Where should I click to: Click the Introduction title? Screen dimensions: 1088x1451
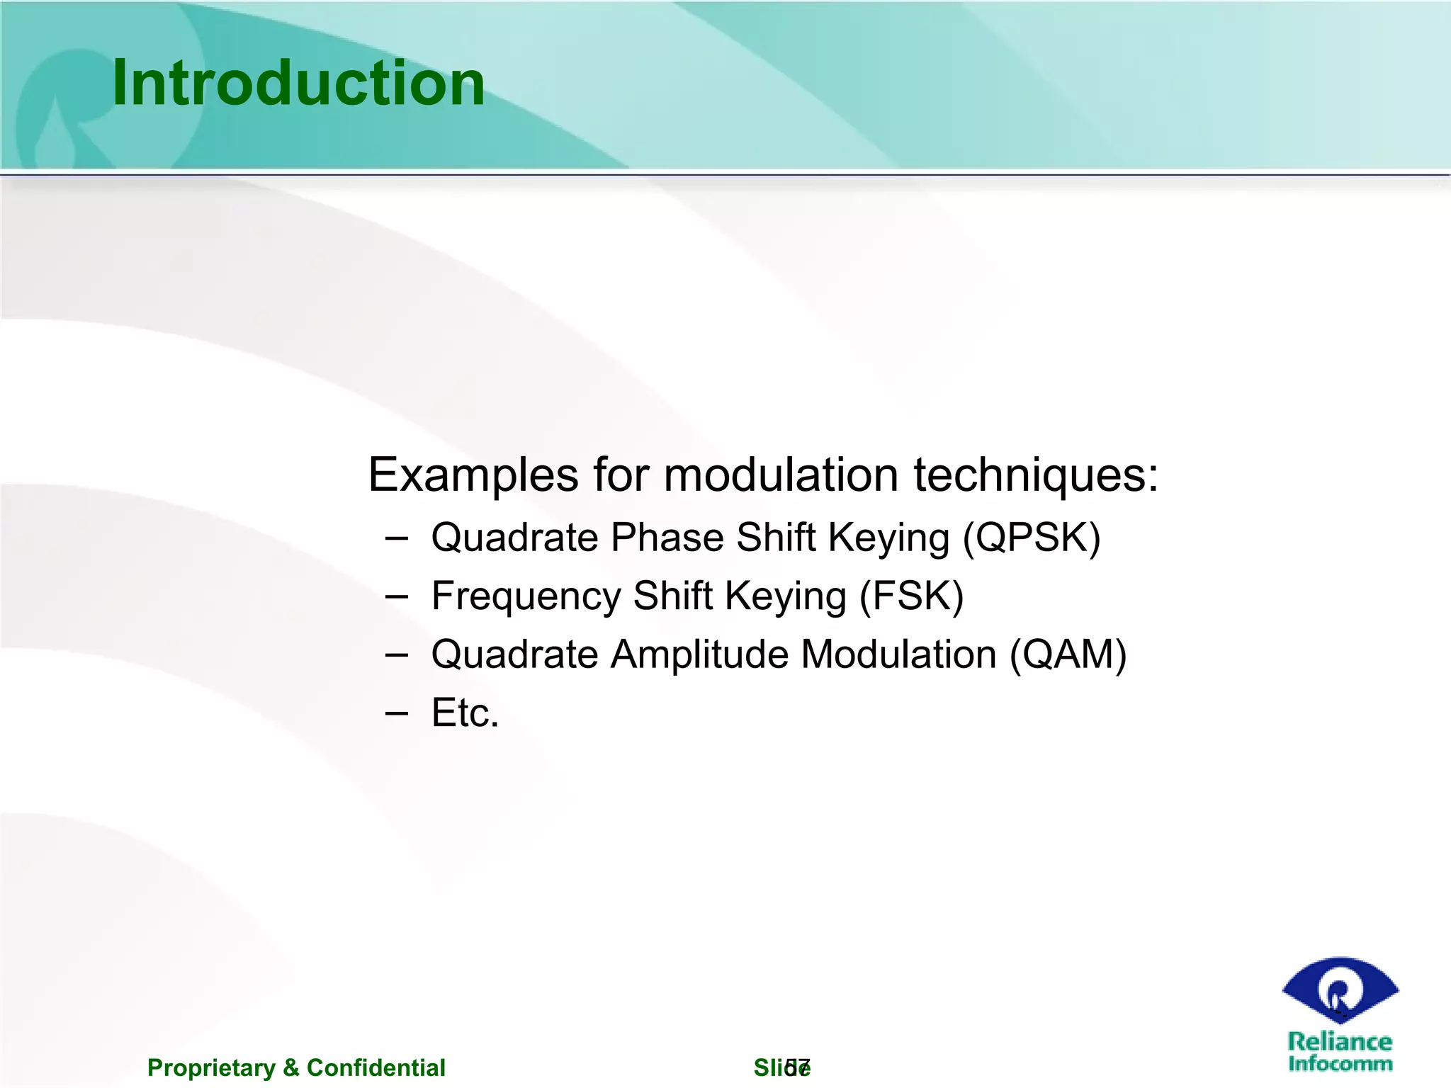click(x=298, y=84)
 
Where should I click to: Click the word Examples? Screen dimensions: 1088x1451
click(x=473, y=475)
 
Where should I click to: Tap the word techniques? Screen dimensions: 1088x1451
click(x=1036, y=475)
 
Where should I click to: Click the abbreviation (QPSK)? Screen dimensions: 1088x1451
click(x=1032, y=538)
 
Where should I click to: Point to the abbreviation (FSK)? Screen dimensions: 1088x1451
click(x=911, y=596)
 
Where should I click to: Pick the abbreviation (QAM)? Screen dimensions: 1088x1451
click(x=1068, y=654)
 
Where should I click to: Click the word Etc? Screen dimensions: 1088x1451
click(x=465, y=713)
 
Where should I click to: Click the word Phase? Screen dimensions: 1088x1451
click(x=667, y=538)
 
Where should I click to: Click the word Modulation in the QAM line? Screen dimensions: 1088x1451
click(x=898, y=654)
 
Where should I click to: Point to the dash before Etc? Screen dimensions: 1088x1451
click(x=397, y=713)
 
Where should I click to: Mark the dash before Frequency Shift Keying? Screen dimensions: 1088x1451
click(x=397, y=596)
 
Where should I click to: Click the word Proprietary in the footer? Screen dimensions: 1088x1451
click(x=211, y=1067)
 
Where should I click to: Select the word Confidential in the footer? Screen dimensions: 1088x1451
click(x=376, y=1067)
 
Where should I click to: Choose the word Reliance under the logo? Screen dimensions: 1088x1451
click(x=1339, y=1041)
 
